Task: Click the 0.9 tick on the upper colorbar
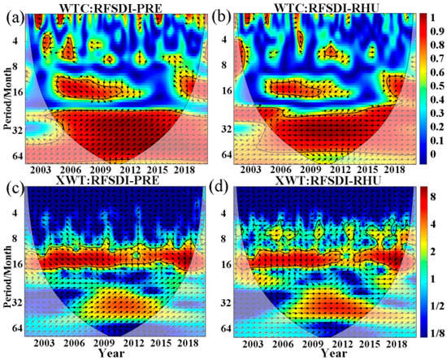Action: point(435,34)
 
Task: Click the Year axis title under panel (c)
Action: point(111,353)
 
